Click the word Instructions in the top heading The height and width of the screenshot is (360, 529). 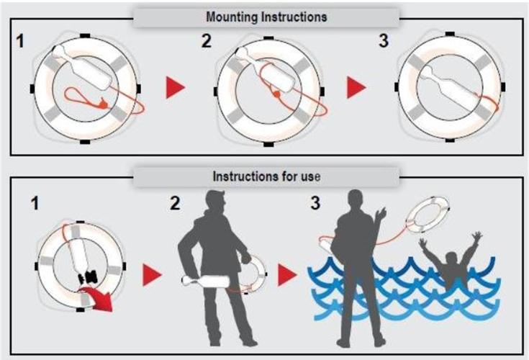pyautogui.click(x=294, y=17)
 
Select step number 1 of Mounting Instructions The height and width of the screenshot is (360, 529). pyautogui.click(x=21, y=41)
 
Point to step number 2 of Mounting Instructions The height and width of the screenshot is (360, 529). pyautogui.click(x=206, y=41)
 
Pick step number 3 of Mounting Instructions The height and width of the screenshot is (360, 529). pyautogui.click(x=384, y=40)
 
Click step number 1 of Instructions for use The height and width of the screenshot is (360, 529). pyautogui.click(x=35, y=204)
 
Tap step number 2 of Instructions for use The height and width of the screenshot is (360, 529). pyautogui.click(x=175, y=204)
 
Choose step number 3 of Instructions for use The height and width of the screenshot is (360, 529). pyautogui.click(x=315, y=203)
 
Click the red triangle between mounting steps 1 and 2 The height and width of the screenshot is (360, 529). pyautogui.click(x=174, y=87)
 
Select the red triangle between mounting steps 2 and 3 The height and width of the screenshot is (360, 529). pyautogui.click(x=355, y=87)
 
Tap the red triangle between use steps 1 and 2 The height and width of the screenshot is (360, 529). pyautogui.click(x=151, y=275)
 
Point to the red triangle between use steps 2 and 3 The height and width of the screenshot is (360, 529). pyautogui.click(x=286, y=275)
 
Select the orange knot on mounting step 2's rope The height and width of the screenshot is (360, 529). pyautogui.click(x=276, y=94)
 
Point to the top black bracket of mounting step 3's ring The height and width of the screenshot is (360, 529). pyautogui.click(x=450, y=34)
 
